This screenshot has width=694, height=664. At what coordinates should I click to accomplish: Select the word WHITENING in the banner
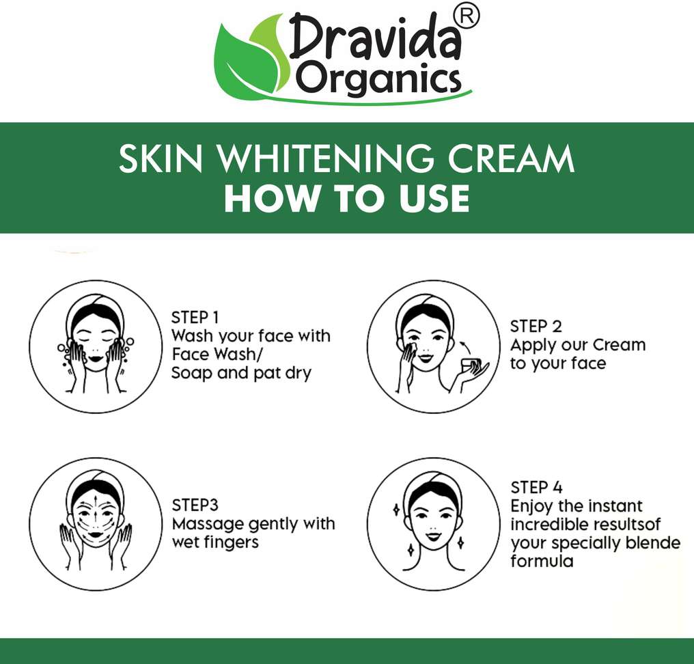point(327,158)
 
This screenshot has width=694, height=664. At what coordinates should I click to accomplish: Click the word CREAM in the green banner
point(511,158)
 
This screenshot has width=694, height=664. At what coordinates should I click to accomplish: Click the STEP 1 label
point(195,318)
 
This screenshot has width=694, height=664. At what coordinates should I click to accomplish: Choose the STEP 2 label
point(536,327)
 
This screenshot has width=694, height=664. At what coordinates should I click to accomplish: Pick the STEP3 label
point(195,505)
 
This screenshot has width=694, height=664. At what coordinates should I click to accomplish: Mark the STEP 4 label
point(536,487)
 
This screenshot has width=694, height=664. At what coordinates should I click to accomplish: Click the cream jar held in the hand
point(470,365)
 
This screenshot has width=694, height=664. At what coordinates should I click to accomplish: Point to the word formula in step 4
point(542,562)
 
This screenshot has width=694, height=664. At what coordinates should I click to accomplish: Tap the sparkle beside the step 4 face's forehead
point(396,510)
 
